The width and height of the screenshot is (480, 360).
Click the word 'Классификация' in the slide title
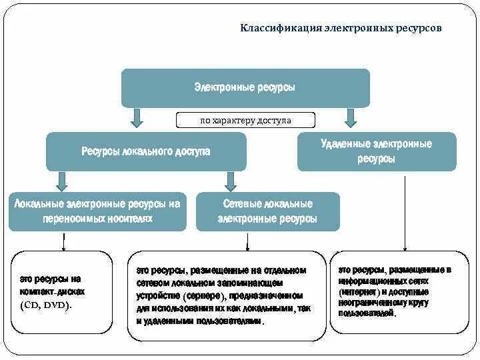coord(280,29)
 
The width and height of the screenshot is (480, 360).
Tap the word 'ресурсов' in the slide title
coord(418,29)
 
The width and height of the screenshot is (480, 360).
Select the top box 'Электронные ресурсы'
coord(245,87)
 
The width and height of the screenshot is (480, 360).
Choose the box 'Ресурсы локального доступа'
coord(146,151)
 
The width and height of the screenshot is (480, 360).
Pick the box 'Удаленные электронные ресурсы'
coord(377,151)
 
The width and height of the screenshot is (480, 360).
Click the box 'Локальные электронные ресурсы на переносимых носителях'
coord(97,211)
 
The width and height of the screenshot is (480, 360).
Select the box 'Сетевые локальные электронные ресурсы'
coord(268,211)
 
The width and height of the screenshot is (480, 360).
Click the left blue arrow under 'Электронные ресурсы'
coord(137,117)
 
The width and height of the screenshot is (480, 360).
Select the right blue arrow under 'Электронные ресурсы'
coord(348,117)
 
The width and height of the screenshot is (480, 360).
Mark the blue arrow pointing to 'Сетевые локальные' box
coord(231,180)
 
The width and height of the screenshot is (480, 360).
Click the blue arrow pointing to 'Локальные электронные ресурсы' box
coord(62,180)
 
